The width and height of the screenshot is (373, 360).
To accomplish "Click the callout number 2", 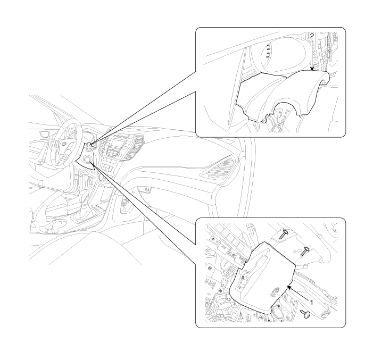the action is click(312, 36).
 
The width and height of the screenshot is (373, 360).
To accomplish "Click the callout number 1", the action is click(311, 302).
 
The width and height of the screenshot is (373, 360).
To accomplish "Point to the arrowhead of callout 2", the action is click(312, 69).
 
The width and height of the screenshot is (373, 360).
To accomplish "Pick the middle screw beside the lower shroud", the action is click(304, 251).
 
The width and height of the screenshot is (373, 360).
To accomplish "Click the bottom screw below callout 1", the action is click(305, 314).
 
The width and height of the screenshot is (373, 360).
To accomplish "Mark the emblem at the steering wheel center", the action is click(64, 144).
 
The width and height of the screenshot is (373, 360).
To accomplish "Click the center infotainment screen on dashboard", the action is click(118, 144).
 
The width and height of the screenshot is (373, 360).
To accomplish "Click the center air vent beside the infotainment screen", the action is click(135, 147).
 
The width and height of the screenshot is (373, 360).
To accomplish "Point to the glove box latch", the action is click(147, 189).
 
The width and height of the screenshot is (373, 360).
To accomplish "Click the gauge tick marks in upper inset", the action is click(268, 51).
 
